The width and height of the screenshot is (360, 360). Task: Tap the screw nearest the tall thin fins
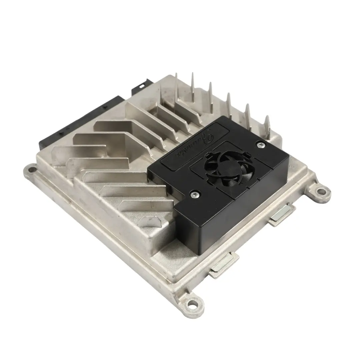click(260, 144)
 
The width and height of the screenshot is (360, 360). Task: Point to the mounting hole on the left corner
click(32, 170)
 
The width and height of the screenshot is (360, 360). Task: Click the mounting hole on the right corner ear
click(321, 191)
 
